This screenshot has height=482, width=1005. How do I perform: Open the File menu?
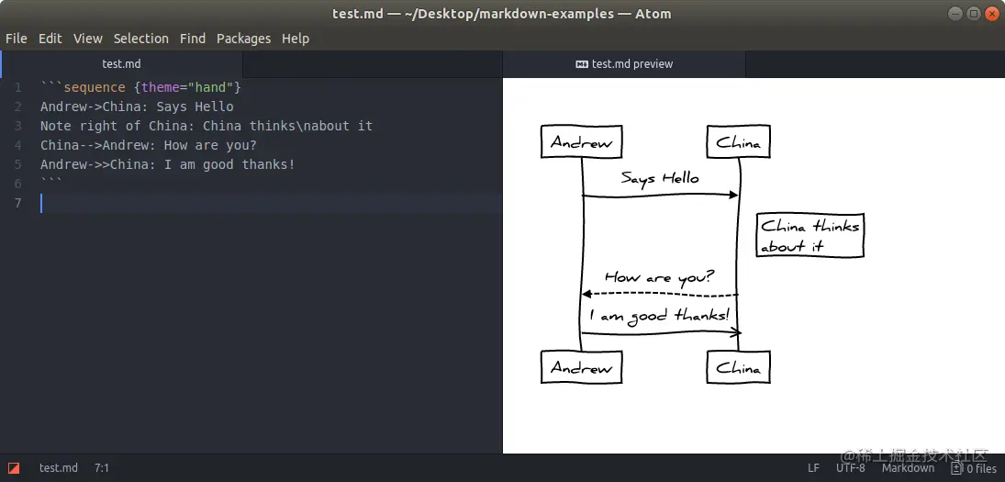(16, 39)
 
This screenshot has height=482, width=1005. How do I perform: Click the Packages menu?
(243, 39)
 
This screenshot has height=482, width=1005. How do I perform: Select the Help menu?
(296, 39)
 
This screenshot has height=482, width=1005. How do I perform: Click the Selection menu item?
(140, 39)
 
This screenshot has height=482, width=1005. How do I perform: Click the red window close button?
(991, 14)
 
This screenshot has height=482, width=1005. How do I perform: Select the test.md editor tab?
(121, 64)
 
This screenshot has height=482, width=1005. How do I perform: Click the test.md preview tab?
(624, 64)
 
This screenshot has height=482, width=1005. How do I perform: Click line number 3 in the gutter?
(17, 126)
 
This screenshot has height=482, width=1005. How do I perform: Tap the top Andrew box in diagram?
(582, 142)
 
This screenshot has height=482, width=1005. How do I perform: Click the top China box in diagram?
(739, 142)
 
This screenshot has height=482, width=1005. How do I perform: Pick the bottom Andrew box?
(582, 367)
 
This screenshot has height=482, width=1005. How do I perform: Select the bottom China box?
(739, 367)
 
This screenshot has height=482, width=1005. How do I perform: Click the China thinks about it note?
(810, 235)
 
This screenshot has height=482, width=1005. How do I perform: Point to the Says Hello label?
(659, 178)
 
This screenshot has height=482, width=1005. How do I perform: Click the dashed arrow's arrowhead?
(586, 294)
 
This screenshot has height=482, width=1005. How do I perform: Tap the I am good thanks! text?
(659, 316)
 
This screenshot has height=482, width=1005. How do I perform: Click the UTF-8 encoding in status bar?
(850, 468)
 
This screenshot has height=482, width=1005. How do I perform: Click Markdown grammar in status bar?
(908, 468)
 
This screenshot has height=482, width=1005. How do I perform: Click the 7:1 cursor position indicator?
(101, 468)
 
